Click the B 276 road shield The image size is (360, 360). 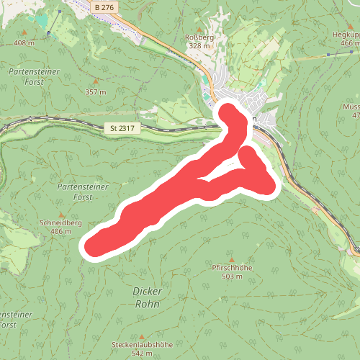[104, 6]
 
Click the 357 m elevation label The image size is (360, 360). [95, 92]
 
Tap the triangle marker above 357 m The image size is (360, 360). [96, 81]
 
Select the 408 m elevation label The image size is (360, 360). [24, 43]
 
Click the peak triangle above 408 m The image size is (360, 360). [24, 32]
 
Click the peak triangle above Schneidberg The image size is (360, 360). [62, 213]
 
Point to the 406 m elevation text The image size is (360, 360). [61, 232]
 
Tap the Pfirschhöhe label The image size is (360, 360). [231, 268]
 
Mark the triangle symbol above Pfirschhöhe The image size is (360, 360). [231, 258]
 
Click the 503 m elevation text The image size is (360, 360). [231, 276]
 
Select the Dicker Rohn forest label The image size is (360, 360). [147, 297]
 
